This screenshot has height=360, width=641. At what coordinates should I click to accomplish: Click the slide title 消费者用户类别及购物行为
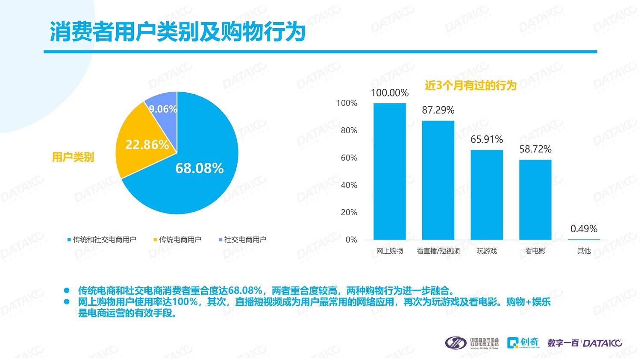point(177,32)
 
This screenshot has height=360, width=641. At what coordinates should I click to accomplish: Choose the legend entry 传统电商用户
point(177,240)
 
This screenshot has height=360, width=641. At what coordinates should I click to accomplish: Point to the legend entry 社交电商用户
point(242,240)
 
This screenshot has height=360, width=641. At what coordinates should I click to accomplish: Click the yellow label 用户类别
point(73,157)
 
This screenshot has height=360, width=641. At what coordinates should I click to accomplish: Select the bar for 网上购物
point(390,171)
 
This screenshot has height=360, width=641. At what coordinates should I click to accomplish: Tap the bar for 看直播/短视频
point(438,179)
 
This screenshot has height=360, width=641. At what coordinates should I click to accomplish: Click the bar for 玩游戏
point(487,194)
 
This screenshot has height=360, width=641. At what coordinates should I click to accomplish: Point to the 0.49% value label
point(584,229)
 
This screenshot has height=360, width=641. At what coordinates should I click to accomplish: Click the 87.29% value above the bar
point(438,110)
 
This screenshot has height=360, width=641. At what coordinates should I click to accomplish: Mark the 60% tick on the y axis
point(349,158)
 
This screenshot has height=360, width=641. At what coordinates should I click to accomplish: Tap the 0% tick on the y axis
point(351,240)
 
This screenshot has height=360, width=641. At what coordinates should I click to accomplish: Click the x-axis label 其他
point(584,251)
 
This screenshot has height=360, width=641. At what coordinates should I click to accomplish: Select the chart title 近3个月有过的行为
point(470,85)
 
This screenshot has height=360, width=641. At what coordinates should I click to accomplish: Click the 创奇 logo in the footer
point(523,343)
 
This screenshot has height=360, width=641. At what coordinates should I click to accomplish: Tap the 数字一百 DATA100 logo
point(585,343)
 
